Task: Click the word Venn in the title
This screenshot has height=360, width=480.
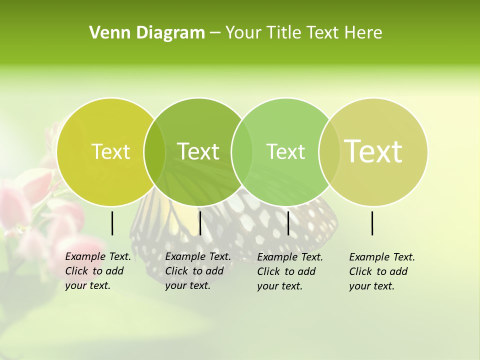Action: coord(106,33)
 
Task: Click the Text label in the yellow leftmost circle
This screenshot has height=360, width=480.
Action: coord(110,151)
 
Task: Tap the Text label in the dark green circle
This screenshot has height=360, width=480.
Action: coord(198,151)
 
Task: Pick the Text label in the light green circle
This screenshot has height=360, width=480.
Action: coord(285,151)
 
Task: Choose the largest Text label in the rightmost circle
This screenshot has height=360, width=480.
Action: coord(373,151)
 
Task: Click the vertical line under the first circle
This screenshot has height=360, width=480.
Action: coord(112,223)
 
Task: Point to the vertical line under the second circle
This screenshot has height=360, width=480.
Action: coord(200,223)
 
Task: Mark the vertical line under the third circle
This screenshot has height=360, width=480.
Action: coord(288,223)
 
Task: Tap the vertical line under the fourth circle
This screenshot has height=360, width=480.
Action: coord(372,223)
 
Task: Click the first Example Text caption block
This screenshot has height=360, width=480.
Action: coord(97,271)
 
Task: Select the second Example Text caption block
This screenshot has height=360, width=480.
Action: coord(197,271)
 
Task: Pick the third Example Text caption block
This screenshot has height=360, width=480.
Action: coord(289,271)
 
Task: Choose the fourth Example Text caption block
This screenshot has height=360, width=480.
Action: coord(381,271)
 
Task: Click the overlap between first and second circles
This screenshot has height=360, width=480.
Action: coord(154,151)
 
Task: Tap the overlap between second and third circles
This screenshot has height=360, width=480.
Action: coord(242,151)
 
